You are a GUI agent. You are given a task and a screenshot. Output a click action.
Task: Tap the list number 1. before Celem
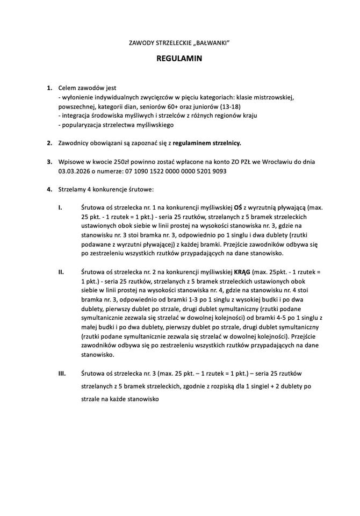click(x=49, y=88)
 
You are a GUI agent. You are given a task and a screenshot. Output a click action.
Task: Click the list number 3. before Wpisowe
click(x=49, y=161)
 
